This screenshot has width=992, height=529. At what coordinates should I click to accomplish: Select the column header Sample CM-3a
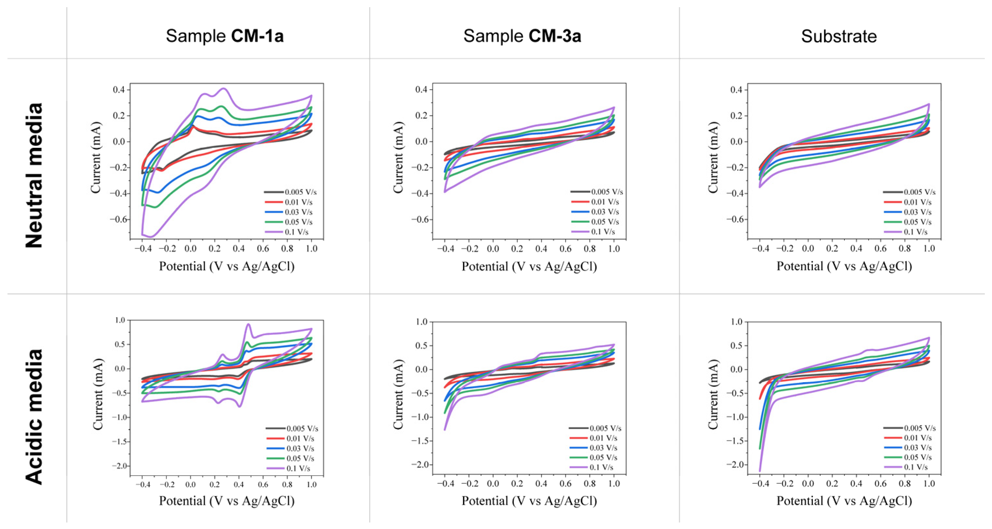click(x=522, y=36)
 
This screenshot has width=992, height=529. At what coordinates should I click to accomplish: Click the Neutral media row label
click(x=34, y=175)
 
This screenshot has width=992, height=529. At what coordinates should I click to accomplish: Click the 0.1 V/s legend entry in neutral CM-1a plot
click(x=296, y=232)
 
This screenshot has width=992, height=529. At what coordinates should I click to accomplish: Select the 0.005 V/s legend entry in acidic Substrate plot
click(x=920, y=428)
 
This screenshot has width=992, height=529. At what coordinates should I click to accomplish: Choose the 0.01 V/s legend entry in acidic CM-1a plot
click(x=300, y=438)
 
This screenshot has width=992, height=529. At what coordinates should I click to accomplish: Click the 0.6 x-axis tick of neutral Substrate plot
click(x=880, y=248)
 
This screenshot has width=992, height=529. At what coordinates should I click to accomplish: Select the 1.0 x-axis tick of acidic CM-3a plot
click(x=614, y=483)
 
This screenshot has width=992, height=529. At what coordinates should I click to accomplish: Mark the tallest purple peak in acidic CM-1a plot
click(x=248, y=324)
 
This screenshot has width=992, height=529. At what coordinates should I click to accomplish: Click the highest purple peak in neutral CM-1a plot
click(x=224, y=89)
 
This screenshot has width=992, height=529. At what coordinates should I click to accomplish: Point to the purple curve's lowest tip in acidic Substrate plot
click(x=760, y=470)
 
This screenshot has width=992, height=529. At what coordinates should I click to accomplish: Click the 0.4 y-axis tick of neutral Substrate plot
click(x=736, y=90)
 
